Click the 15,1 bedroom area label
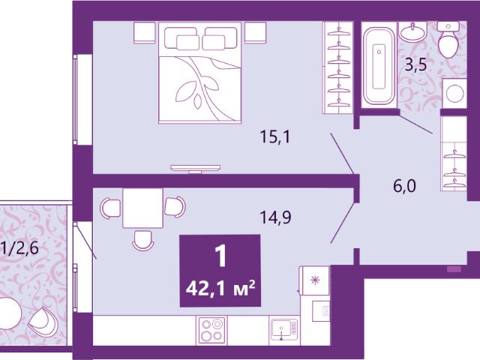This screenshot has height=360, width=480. tap(274, 136)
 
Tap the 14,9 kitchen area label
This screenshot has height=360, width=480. tap(275, 217)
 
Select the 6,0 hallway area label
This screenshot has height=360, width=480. tap(404, 186)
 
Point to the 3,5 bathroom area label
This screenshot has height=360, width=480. tap(415, 64)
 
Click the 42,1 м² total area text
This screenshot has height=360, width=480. tap(220, 289)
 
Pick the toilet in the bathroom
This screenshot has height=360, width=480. tap(448, 40)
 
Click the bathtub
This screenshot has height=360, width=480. tap(379, 65)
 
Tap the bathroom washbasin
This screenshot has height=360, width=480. tap(412, 31)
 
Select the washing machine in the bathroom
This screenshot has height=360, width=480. tap(454, 93)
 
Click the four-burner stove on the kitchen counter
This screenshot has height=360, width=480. tap(211, 330)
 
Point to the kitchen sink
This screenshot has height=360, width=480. tap(284, 329)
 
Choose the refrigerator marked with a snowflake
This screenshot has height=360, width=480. tap(315, 280)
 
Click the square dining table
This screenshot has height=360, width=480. tap(142, 208)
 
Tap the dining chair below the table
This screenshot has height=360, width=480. tap(142, 241)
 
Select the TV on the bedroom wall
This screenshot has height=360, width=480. tap(195, 168)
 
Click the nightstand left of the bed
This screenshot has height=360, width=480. tap(145, 33)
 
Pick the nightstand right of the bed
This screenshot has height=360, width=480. tap(255, 33)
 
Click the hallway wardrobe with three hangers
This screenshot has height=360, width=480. tap(454, 153)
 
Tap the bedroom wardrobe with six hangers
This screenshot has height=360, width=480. tap(338, 67)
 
